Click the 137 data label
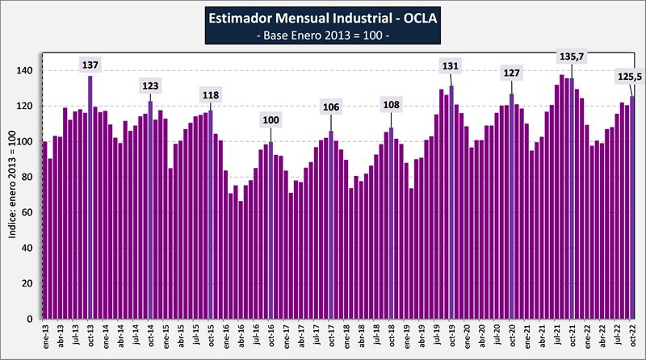pyautogui.click(x=90, y=65)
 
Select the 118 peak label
pyautogui.click(x=211, y=96)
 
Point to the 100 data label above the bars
pyautogui.click(x=271, y=121)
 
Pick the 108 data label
pyautogui.click(x=392, y=105)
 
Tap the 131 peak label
pyautogui.click(x=451, y=65)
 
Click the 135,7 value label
pyautogui.click(x=572, y=57)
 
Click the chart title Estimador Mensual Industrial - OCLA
pyautogui.click(x=322, y=18)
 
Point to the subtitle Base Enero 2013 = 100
pyautogui.click(x=322, y=36)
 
